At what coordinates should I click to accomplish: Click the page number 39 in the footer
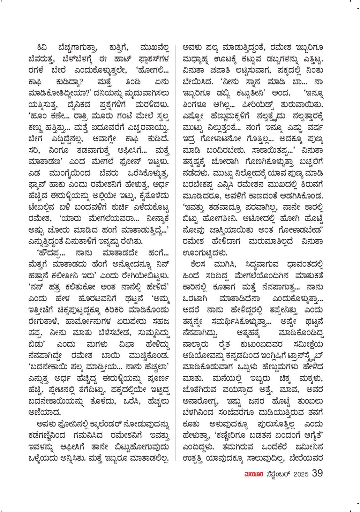coord(317,473)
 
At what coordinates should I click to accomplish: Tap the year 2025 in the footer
coord(301,474)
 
